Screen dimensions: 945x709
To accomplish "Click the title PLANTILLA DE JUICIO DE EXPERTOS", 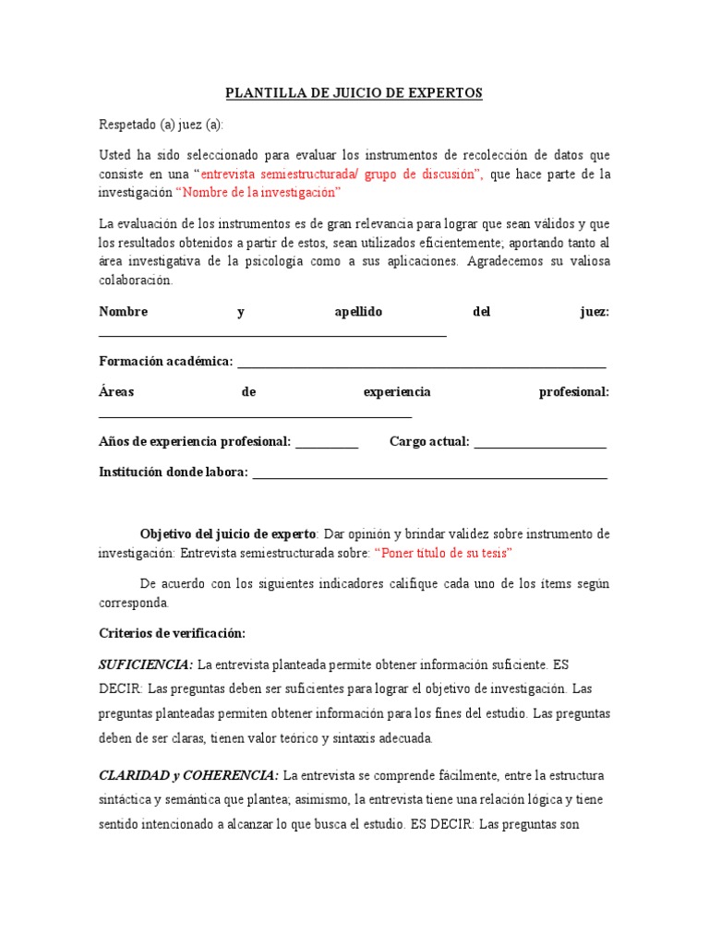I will [354, 93].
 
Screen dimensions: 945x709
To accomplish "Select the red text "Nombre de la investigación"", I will [258, 192].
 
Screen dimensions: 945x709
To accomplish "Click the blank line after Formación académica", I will [422, 364].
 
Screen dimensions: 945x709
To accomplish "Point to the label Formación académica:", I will [166, 361].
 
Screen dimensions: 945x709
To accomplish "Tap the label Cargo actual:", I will [430, 441].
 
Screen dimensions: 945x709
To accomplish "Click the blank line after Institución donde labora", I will [429, 475].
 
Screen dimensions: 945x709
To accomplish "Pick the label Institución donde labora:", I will [174, 472].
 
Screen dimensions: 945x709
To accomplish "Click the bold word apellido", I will [358, 312].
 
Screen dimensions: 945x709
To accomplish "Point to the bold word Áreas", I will [116, 392].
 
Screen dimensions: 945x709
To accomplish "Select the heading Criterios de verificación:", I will [172, 633].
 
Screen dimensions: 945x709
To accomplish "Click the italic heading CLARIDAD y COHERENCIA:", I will [189, 774].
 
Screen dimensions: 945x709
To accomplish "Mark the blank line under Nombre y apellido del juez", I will [272, 334].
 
